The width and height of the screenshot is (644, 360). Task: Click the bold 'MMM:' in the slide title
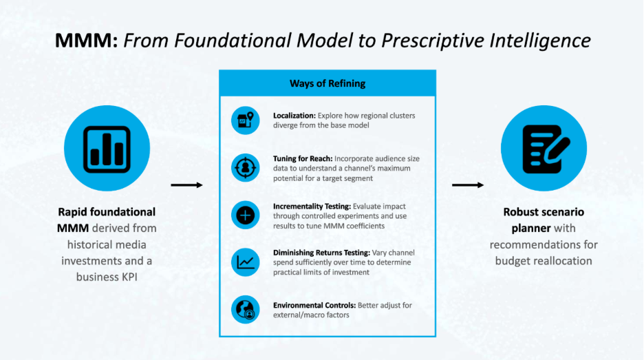coord(86,40)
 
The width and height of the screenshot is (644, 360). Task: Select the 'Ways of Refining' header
coord(328,84)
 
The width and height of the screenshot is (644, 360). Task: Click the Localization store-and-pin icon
coord(245,120)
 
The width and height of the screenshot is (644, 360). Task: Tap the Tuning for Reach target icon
coord(245,167)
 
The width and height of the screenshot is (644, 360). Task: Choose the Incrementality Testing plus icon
coord(245,215)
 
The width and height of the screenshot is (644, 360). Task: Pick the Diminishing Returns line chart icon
coord(245,262)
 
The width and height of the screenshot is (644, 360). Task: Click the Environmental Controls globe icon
coord(245,309)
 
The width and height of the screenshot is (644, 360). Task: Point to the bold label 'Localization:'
coord(294,115)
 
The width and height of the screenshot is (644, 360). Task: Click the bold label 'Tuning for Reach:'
coord(302,158)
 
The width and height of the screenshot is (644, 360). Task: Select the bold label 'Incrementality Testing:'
coord(312,206)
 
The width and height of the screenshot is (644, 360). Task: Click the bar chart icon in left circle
coord(107,149)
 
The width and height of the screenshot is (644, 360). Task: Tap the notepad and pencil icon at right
coord(544,149)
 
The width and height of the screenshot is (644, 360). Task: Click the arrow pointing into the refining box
coord(186,185)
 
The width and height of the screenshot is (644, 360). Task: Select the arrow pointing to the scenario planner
coord(468,185)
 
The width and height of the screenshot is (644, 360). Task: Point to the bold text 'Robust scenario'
coord(544,212)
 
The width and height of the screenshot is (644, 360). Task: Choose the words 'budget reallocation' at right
coord(544,261)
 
